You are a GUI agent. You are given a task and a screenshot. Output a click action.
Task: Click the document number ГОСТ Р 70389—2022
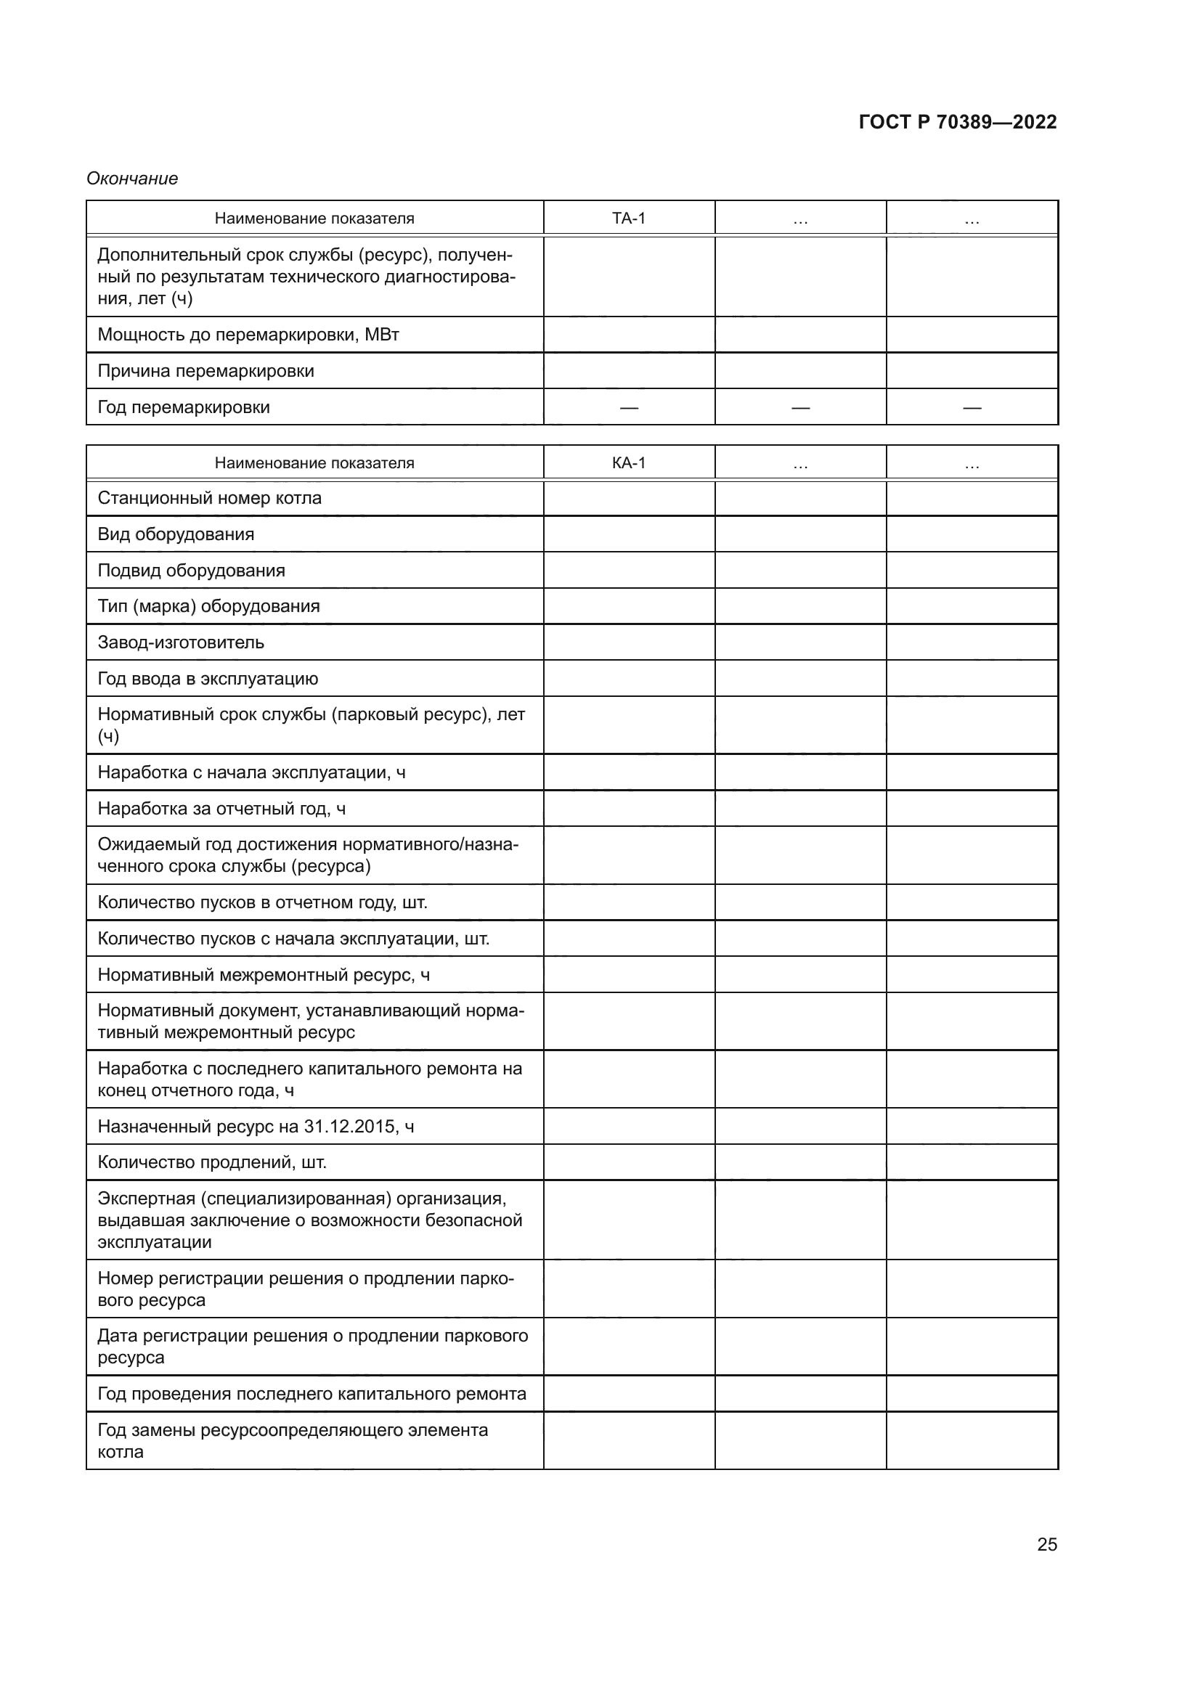957,122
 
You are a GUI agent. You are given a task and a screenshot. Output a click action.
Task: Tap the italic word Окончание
132,179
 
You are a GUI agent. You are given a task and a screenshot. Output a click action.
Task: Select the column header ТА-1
629,219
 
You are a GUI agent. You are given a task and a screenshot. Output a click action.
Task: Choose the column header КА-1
629,463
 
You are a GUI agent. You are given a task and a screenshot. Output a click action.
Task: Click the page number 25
1046,1544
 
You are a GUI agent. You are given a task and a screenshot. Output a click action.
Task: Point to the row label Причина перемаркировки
205,370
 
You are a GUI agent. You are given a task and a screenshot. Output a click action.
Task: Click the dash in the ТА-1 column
629,407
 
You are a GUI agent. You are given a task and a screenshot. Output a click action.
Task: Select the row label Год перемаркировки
184,407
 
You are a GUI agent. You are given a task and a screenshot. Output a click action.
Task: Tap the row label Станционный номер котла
209,498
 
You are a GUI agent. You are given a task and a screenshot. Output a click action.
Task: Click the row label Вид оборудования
175,534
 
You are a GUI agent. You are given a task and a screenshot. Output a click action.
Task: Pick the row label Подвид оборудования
191,570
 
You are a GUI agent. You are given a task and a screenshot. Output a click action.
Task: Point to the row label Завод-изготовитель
181,642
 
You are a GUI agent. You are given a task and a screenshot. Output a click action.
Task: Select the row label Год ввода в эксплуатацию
208,678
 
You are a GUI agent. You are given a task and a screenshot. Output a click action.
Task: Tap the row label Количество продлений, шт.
211,1162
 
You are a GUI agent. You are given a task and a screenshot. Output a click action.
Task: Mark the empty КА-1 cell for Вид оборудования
629,534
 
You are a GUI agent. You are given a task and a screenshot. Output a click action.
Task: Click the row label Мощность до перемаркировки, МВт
248,334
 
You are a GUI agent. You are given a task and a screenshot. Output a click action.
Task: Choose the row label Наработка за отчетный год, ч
221,808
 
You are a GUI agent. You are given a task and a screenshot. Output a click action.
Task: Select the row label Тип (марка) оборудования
208,605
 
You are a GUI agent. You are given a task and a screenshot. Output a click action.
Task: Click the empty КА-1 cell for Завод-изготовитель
629,642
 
